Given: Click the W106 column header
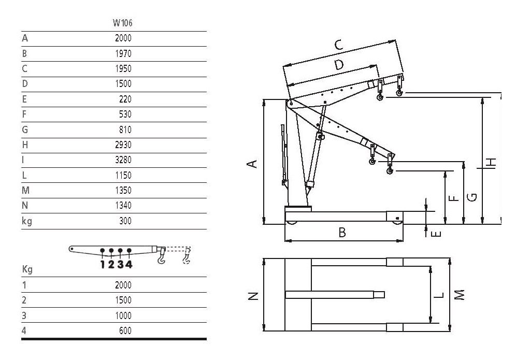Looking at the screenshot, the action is coord(122,23).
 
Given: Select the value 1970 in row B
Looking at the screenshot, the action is coord(123,53).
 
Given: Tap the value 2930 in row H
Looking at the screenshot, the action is coord(123,145).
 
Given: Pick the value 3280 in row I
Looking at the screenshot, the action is coord(123,160).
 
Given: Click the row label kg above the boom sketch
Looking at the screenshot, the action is coord(27,221).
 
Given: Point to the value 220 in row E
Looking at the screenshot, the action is coord(125,99).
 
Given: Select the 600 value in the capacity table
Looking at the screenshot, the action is coord(125,330).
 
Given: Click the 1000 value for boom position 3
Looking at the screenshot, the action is coord(123,315).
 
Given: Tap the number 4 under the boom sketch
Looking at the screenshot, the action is coord(129,264).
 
